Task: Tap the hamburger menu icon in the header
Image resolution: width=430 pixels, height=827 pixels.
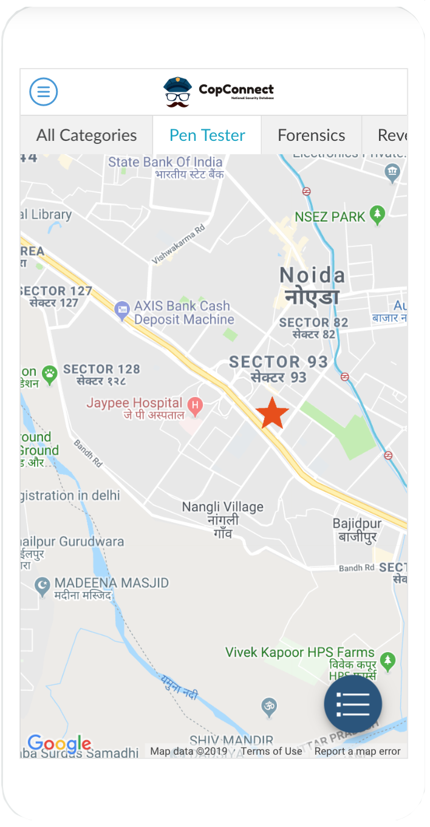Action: click(44, 92)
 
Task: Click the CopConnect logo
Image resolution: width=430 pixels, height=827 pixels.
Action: click(219, 92)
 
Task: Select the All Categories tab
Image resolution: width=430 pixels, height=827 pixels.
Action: click(86, 135)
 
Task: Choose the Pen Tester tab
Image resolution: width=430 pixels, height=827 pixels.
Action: click(207, 135)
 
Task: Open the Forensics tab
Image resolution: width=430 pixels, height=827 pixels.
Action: click(311, 135)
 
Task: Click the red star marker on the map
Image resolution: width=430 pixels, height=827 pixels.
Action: click(272, 413)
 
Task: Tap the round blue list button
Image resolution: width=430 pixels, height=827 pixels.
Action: click(353, 704)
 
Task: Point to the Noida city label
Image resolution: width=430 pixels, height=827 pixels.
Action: click(312, 285)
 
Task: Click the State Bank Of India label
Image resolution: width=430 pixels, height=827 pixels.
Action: click(165, 163)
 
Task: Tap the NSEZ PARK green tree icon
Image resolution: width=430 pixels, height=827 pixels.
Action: click(378, 214)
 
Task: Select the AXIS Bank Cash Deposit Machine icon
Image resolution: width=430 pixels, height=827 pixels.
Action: click(122, 311)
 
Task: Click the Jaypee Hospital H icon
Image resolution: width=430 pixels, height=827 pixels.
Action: click(195, 404)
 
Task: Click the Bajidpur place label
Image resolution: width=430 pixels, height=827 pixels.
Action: click(357, 529)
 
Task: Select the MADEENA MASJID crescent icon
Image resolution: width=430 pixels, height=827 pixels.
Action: click(42, 586)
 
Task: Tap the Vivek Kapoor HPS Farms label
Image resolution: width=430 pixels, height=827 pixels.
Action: click(300, 653)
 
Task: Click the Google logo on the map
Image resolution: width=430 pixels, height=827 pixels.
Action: click(59, 743)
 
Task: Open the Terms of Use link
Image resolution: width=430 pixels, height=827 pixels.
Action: click(271, 751)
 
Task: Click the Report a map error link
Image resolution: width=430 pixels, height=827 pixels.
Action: click(357, 751)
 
